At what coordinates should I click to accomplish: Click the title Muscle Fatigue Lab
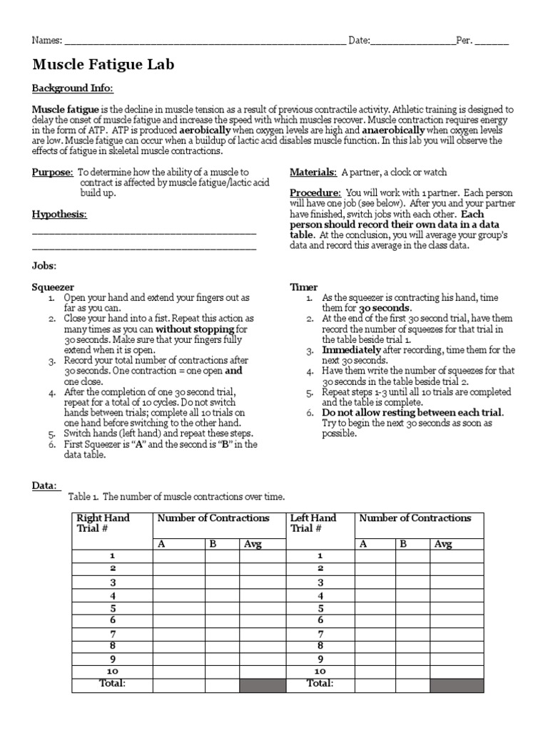coord(103,66)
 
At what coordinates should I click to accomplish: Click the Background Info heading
coord(72,88)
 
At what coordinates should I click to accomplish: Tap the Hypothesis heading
coord(60,214)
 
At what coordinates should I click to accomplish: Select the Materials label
coord(313,173)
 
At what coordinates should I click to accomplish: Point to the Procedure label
coord(315,193)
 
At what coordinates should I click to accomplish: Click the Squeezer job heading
coord(53,287)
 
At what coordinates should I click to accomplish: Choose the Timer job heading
coord(303,287)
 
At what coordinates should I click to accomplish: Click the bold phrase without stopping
coord(195,329)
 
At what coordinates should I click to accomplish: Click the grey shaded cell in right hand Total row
coord(261,684)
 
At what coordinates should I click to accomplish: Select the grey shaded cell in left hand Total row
coord(456,684)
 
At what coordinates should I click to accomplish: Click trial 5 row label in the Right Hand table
coord(112,608)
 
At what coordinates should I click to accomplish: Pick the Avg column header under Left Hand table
coord(443,544)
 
